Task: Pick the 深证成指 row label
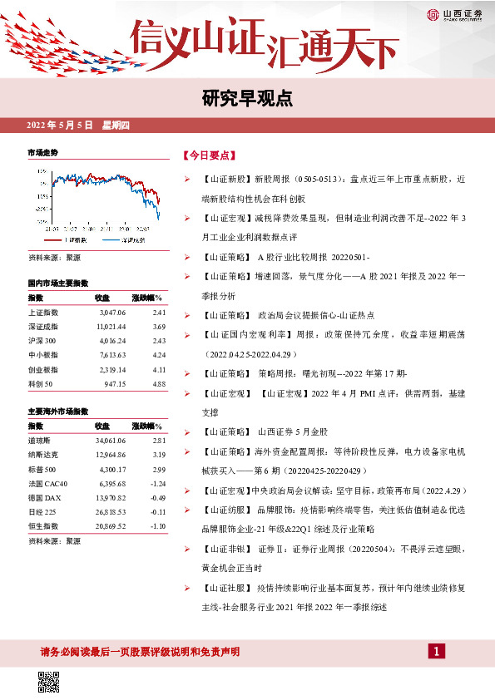pyautogui.click(x=44, y=327)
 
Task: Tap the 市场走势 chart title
pyautogui.click(x=43, y=153)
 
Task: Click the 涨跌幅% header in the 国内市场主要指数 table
pyautogui.click(x=147, y=297)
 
